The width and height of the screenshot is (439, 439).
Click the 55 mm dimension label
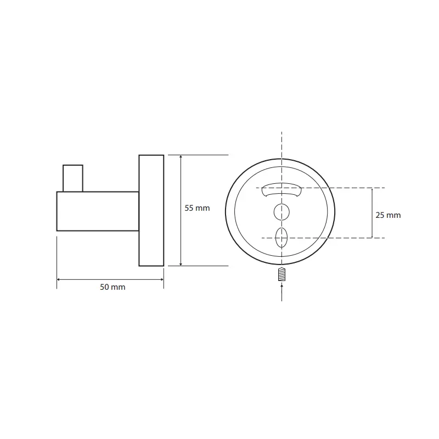click(x=197, y=208)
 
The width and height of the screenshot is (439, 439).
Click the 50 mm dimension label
click(x=112, y=287)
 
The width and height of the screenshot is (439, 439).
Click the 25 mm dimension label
click(x=388, y=215)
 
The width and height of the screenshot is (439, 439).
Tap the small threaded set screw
click(x=282, y=274)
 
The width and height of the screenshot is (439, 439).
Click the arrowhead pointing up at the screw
click(x=282, y=285)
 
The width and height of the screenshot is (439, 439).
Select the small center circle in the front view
click(x=282, y=212)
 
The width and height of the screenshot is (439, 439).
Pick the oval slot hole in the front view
click(x=282, y=238)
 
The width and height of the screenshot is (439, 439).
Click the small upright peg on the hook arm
click(x=73, y=178)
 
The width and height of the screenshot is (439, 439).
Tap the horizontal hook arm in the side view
click(x=98, y=211)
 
